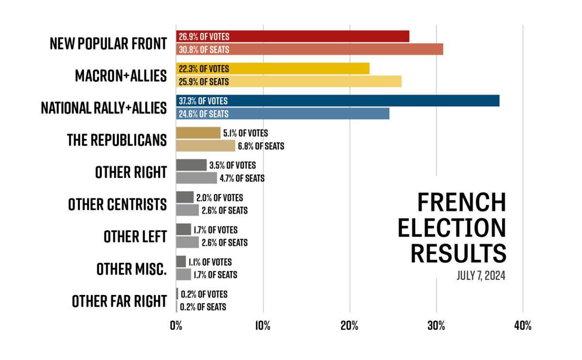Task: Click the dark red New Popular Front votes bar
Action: tap(292, 36)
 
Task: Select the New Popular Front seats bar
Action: tap(309, 49)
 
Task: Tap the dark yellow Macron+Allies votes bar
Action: tap(273, 69)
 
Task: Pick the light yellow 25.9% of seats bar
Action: tap(289, 82)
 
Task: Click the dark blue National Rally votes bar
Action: tap(338, 101)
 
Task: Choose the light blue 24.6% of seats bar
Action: tap(283, 114)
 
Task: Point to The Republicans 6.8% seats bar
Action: tap(205, 146)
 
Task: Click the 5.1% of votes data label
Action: tap(245, 133)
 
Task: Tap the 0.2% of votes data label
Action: tap(204, 294)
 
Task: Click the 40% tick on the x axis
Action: tap(522, 326)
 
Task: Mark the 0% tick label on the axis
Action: tap(176, 326)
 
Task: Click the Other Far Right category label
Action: tap(119, 301)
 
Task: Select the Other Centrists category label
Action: tap(117, 204)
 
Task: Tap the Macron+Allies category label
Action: tap(121, 76)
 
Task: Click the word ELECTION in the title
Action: tap(452, 228)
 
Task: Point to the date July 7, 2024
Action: tap(481, 276)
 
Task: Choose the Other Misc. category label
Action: tap(131, 268)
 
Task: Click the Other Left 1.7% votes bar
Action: tap(183, 229)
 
